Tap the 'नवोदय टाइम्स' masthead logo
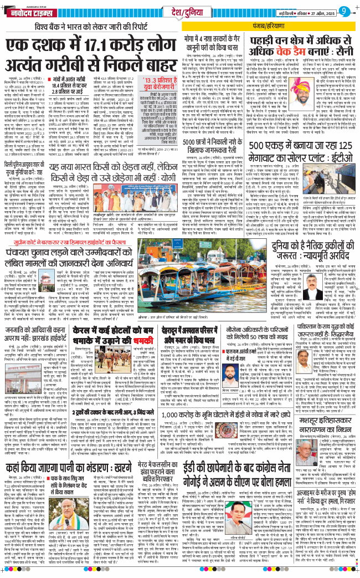(34, 11)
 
